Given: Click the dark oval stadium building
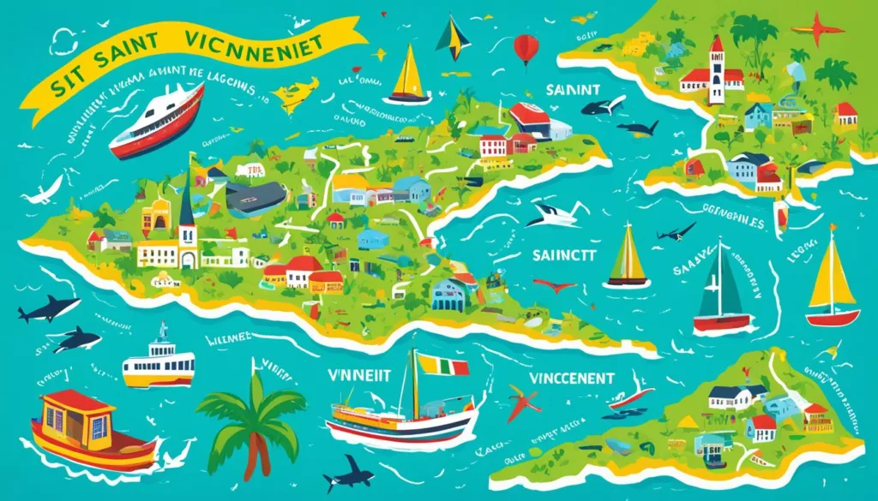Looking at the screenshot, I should click(255, 198).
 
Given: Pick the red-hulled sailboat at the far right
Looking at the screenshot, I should click(831, 283).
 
